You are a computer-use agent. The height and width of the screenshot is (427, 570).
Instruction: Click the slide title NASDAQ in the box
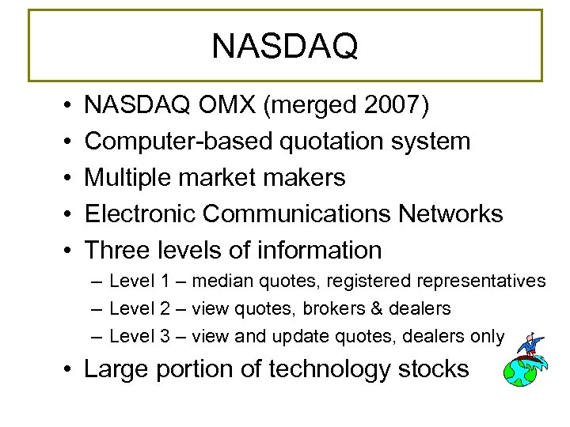pyautogui.click(x=285, y=47)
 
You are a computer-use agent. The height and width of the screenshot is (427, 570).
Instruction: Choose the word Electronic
pyautogui.click(x=148, y=213)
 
